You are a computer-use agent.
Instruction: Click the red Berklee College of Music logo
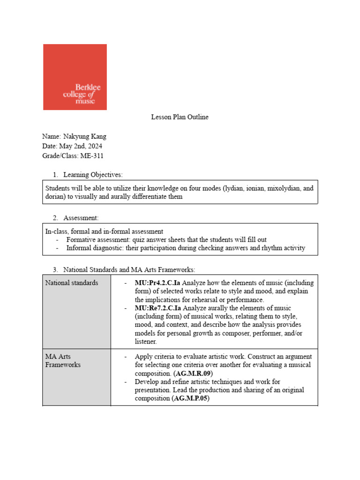pos(75,77)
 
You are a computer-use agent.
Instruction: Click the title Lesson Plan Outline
pos(180,117)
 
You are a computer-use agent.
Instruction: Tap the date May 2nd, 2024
pos(82,146)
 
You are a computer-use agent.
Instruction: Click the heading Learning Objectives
pos(93,175)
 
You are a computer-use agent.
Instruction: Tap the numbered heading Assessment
pos(81,218)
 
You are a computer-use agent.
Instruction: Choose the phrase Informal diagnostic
pos(94,248)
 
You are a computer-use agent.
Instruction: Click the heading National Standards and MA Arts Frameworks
pos(129,270)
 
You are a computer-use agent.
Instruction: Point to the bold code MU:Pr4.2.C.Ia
pos(157,283)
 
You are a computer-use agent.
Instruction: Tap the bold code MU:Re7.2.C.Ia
pos(157,308)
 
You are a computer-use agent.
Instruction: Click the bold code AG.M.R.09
pos(193,374)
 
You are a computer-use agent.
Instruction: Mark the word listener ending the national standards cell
pos(146,342)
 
